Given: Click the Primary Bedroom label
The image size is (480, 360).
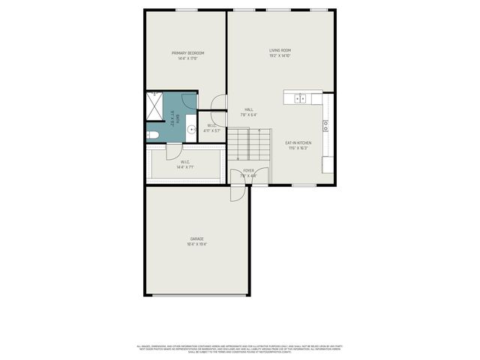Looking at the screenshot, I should pyautogui.click(x=187, y=52).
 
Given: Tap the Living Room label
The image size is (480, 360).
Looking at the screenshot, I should pyautogui.click(x=280, y=50).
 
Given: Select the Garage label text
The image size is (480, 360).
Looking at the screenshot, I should pyautogui.click(x=196, y=238).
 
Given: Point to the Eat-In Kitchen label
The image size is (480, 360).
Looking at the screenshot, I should pyautogui.click(x=298, y=142).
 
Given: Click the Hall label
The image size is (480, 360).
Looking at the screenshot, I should pyautogui.click(x=248, y=109).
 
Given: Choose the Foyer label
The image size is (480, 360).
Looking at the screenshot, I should pyautogui.click(x=248, y=170).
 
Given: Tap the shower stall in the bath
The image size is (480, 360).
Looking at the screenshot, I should pyautogui.click(x=155, y=106).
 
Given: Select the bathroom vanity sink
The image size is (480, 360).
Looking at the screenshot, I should pyautogui.click(x=190, y=128).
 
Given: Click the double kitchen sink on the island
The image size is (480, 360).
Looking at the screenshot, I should pyautogui.click(x=300, y=97).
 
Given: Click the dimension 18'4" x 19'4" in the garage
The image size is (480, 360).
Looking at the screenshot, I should pyautogui.click(x=196, y=244).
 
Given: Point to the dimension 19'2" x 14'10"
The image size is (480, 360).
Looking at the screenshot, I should pyautogui.click(x=280, y=56).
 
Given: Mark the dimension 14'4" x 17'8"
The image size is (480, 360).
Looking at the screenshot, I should pyautogui.click(x=187, y=58).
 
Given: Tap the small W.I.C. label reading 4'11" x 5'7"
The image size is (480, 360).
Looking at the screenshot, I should pyautogui.click(x=211, y=130).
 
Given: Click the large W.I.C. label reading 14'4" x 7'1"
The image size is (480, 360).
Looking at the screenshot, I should pyautogui.click(x=185, y=167).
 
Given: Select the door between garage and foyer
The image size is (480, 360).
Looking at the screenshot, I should pyautogui.click(x=236, y=193).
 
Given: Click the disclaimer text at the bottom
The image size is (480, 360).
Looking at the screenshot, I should pyautogui.click(x=239, y=349).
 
